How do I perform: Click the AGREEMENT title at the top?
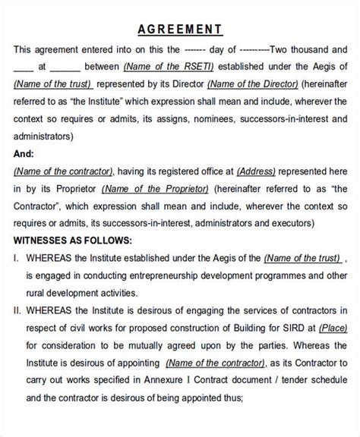click(180, 30)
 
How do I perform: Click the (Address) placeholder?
click(259, 171)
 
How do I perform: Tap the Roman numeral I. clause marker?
click(16, 258)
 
